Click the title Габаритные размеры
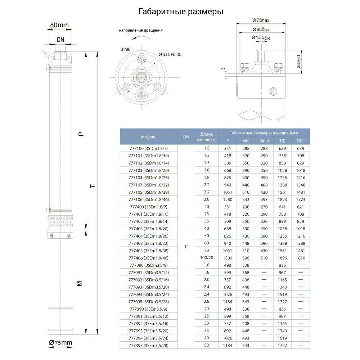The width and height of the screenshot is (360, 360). tap(181, 12)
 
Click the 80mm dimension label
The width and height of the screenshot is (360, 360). tap(59, 25)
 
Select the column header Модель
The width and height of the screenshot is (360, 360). tap(149, 137)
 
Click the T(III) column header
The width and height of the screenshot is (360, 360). tap(301, 141)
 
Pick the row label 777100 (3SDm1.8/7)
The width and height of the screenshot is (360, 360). tap(149, 148)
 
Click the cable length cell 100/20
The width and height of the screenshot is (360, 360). tap(207, 258)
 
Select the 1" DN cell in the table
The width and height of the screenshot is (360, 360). tap(186, 247)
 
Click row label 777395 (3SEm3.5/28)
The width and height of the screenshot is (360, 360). tap(149, 346)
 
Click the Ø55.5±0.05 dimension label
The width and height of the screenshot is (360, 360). tap(170, 54)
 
